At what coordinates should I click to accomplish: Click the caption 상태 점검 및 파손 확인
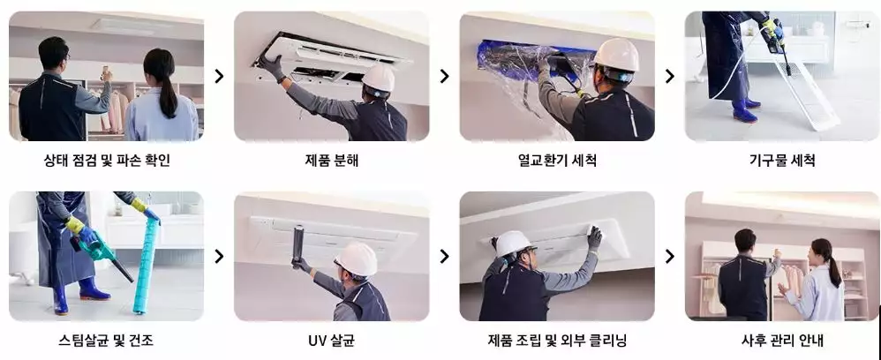107,161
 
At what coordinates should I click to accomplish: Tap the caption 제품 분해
332,161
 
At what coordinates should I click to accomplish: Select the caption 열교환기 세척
557,161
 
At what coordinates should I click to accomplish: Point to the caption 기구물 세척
782,161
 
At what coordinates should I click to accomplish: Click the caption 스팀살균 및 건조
106,341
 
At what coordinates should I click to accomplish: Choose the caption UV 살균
332,341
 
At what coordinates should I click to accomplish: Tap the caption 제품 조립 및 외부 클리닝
557,341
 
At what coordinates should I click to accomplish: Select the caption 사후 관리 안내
782,341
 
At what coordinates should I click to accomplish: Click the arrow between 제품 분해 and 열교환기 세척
444,76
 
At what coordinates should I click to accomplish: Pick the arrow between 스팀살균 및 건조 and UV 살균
219,256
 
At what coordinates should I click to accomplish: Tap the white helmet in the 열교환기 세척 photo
616,55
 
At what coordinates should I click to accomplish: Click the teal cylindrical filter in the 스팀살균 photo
146,265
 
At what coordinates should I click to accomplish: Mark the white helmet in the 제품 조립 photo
513,244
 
